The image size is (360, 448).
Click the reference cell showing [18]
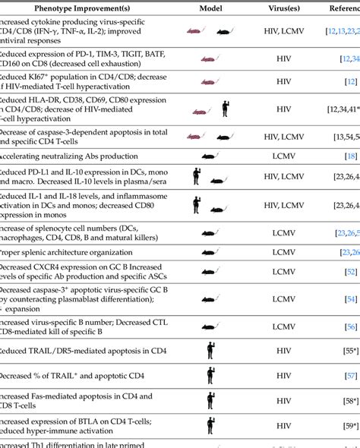350,155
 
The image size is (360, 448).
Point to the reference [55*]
349,350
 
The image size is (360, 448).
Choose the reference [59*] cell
349,424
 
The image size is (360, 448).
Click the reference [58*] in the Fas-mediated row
349,399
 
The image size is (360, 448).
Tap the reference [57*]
349,375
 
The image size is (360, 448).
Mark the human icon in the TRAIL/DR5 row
210,350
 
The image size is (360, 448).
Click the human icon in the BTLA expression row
210,424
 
